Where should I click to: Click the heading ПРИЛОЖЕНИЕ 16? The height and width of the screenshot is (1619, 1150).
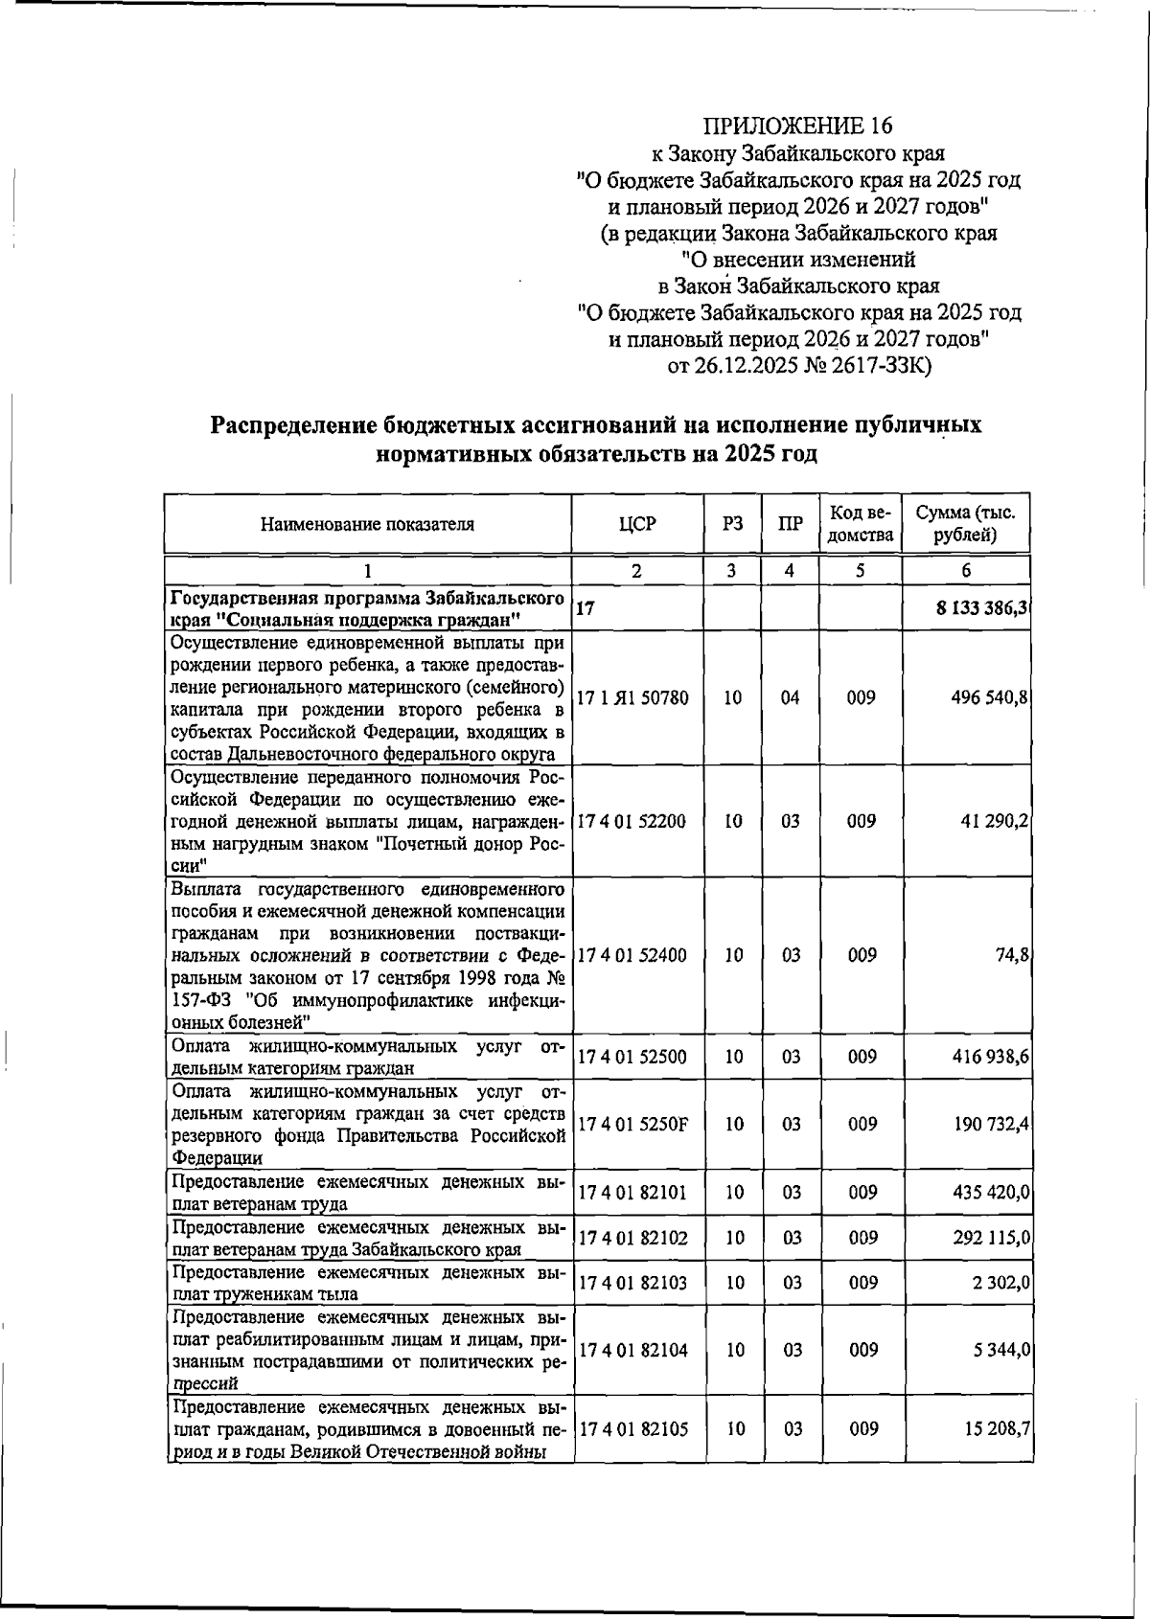pos(797,126)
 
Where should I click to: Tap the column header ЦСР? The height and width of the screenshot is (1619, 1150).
pos(637,524)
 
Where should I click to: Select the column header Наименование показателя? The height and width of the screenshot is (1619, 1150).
pos(367,524)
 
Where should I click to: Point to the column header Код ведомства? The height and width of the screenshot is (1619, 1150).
pos(860,524)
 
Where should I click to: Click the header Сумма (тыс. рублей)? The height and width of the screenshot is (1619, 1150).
pos(965,524)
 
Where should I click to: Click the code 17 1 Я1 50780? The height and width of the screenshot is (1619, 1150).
pos(632,698)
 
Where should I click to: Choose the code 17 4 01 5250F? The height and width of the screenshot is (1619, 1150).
pos(632,1124)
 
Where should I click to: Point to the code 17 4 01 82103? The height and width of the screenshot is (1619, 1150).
pos(632,1283)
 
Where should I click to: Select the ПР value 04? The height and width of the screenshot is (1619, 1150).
pos(790,698)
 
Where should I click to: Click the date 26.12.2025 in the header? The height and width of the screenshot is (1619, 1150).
pos(745,365)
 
